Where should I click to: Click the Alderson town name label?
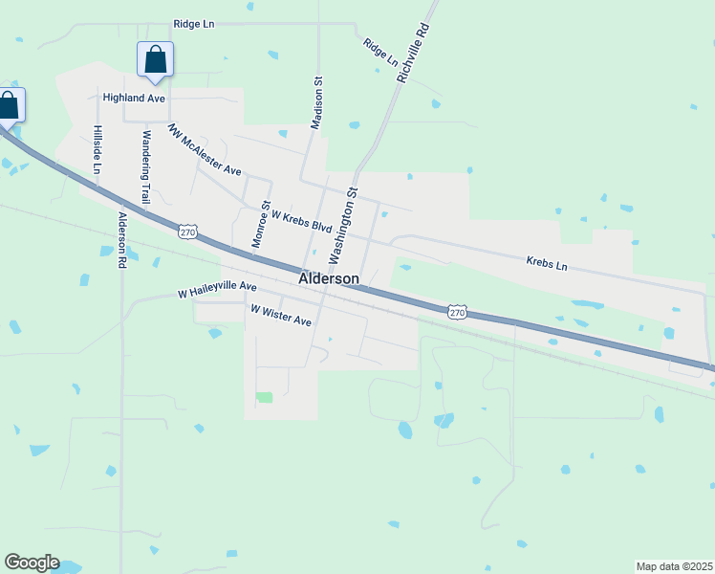pyautogui.click(x=329, y=279)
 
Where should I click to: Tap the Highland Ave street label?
pyautogui.click(x=135, y=98)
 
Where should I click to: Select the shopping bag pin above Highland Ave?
pyautogui.click(x=155, y=61)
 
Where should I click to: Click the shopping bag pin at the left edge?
pyautogui.click(x=9, y=106)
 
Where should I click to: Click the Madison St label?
pyautogui.click(x=317, y=103)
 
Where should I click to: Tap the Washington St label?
pyautogui.click(x=342, y=226)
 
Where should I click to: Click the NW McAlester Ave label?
pyautogui.click(x=205, y=149)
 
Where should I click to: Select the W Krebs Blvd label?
pyautogui.click(x=301, y=222)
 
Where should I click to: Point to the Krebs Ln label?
pyautogui.click(x=547, y=262)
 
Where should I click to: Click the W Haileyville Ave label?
pyautogui.click(x=218, y=287)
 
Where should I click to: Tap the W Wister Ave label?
pyautogui.click(x=281, y=316)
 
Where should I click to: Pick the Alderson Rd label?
pyautogui.click(x=121, y=239)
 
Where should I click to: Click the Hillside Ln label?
pyautogui.click(x=97, y=149)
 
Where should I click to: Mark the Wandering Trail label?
pyautogui.click(x=146, y=161)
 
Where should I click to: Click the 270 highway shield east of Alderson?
pyautogui.click(x=458, y=312)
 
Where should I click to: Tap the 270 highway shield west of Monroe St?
pyautogui.click(x=187, y=232)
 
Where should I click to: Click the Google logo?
pyautogui.click(x=32, y=563)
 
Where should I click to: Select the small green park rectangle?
pyautogui.click(x=264, y=397)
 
